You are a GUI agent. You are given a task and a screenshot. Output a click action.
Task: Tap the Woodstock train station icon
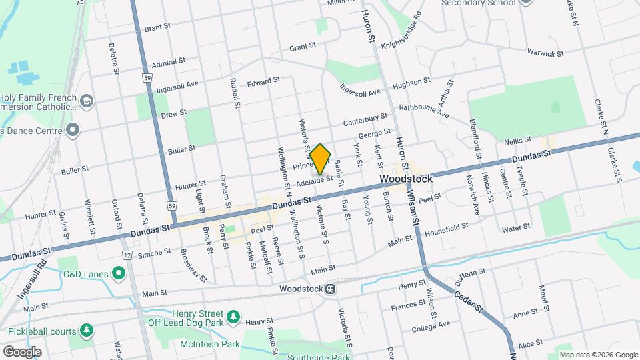click(330, 289)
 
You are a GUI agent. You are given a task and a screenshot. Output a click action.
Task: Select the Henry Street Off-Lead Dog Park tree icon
click(233, 316)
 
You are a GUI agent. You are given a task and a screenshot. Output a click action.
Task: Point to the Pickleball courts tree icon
click(86, 330)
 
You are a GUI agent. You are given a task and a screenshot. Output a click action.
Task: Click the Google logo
click(22, 352)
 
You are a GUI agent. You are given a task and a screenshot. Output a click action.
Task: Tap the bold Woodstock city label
click(406, 179)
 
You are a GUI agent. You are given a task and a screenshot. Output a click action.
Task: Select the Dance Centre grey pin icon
click(73, 129)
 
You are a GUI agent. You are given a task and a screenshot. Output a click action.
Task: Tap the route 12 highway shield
click(127, 255)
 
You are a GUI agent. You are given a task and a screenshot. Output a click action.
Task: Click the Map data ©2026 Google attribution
click(599, 355)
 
